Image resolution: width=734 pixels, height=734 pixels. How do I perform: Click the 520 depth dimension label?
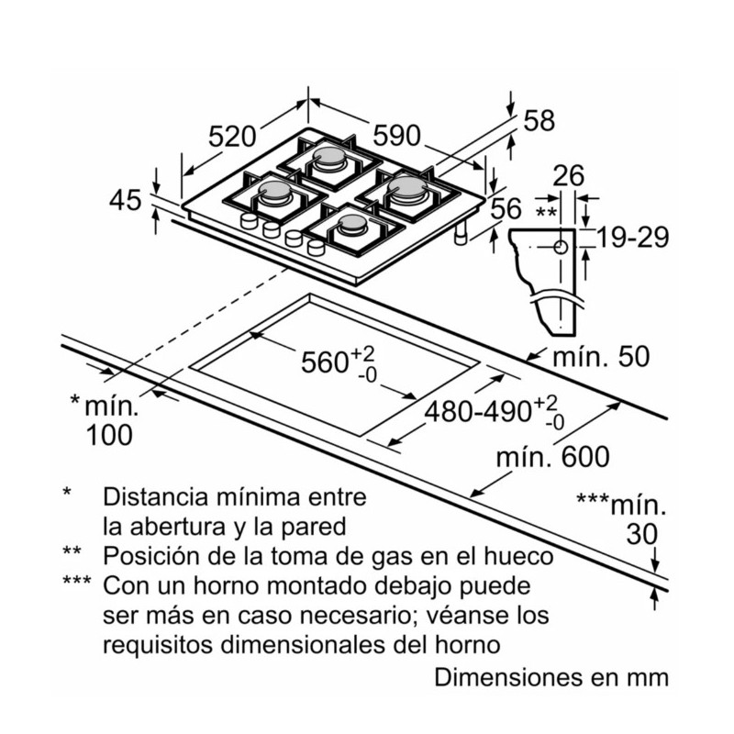[x=231, y=137]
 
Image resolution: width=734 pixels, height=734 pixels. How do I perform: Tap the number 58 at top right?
[x=540, y=121]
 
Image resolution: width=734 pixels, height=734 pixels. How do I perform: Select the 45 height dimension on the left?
[x=127, y=199]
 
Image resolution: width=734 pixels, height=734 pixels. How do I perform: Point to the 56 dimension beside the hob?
[x=506, y=209]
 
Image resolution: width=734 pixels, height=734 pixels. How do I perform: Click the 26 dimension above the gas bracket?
[x=570, y=175]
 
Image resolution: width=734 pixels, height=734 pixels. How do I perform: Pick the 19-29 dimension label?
[x=631, y=239]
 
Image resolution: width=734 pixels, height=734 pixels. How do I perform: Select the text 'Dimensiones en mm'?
[x=551, y=678]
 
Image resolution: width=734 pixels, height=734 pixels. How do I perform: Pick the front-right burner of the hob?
[x=352, y=225]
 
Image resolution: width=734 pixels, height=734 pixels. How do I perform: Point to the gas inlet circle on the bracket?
[x=561, y=248]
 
